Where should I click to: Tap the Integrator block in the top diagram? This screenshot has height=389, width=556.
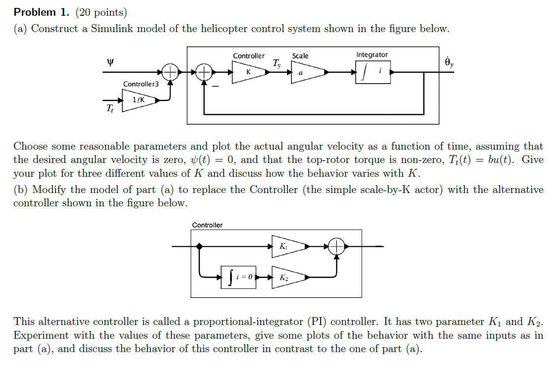373,72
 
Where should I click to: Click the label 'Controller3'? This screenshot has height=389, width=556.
141,84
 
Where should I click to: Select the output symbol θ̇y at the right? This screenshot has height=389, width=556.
449,62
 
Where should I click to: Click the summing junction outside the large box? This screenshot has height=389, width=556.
170,72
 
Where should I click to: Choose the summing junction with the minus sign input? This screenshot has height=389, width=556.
204,72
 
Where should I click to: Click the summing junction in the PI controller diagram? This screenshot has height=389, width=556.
337,246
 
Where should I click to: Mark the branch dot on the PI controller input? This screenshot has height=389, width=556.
199,246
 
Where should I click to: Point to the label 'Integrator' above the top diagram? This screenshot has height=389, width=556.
372,55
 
